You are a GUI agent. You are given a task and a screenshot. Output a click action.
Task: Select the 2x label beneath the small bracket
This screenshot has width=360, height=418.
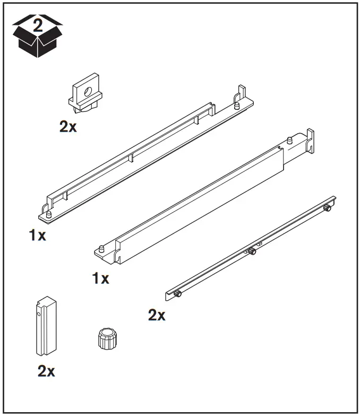(68, 127)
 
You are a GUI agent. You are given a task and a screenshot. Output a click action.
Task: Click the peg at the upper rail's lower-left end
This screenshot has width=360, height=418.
(49, 214)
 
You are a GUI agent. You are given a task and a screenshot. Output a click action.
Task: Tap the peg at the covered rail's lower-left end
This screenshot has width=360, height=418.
(100, 249)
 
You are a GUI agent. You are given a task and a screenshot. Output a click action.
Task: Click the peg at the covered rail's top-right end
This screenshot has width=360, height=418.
(290, 141)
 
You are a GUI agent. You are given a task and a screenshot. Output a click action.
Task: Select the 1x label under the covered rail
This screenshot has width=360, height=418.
(100, 277)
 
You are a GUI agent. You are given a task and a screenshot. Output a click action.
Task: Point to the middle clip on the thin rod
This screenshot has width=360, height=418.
(252, 250)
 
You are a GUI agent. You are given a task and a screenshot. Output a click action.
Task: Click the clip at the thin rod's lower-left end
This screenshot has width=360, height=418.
(178, 293)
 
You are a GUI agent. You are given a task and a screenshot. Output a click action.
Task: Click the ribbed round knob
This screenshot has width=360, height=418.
(108, 337)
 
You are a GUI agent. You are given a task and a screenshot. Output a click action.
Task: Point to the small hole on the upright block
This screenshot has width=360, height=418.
(39, 314)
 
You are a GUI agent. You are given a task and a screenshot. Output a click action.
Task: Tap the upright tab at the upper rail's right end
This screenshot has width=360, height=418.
(242, 94)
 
